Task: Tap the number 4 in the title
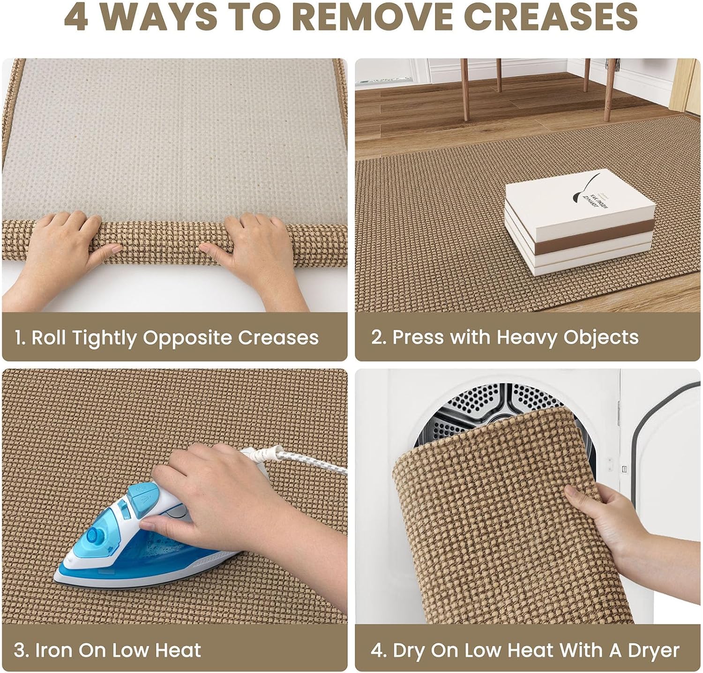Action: pos(76,16)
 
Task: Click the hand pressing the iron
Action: pos(220,497)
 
